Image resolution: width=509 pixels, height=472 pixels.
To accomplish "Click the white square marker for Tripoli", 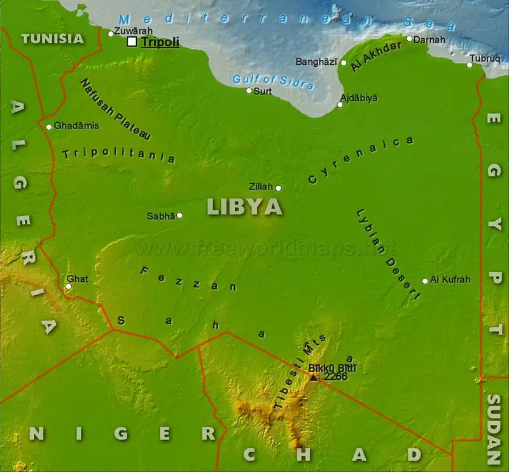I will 132,42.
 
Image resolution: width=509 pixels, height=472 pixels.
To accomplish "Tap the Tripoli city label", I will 160,43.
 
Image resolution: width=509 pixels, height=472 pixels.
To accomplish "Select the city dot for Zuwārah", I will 111,34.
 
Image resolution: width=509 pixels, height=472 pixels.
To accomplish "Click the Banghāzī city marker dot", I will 344,62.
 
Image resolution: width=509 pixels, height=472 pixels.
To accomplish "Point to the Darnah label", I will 426,39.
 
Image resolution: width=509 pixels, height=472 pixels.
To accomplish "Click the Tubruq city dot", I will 471,65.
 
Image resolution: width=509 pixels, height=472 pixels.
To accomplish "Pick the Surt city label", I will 263,92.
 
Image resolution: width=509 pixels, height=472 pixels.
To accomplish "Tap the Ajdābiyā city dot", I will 340,104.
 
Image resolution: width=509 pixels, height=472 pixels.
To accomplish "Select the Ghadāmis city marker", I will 49,127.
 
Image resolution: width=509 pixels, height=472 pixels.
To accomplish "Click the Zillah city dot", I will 278,188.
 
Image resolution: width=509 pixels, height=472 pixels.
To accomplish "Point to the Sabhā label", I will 160,216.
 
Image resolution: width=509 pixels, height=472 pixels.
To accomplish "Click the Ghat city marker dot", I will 69,286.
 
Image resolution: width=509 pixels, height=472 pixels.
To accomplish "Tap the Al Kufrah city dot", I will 425,281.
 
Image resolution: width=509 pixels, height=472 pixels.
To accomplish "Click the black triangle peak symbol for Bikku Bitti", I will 313,377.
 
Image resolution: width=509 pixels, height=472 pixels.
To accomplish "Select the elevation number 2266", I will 335,377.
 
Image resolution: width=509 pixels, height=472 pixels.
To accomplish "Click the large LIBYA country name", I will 245,207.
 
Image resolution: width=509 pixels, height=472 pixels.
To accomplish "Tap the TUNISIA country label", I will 52,38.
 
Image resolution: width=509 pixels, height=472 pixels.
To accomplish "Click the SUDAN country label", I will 494,429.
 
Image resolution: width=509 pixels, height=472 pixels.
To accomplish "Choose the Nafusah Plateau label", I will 115,109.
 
